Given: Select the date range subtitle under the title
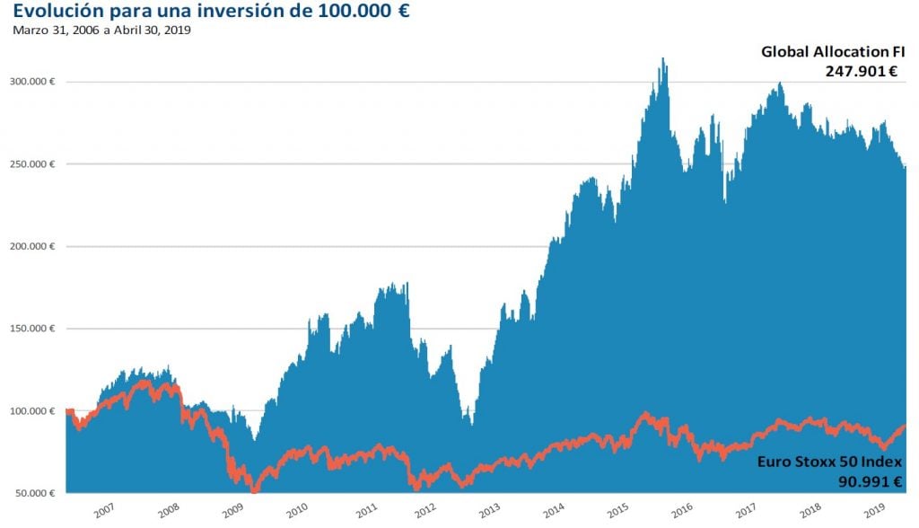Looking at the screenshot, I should coord(101,30).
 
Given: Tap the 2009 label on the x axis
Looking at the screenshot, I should coord(233,510).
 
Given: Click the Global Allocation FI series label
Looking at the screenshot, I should coord(832,52).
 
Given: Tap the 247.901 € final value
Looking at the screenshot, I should coord(862,71).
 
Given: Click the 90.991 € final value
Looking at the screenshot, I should coord(864,481).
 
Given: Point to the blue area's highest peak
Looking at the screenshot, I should coord(662,59).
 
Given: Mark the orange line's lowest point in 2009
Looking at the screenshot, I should coord(255,490).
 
